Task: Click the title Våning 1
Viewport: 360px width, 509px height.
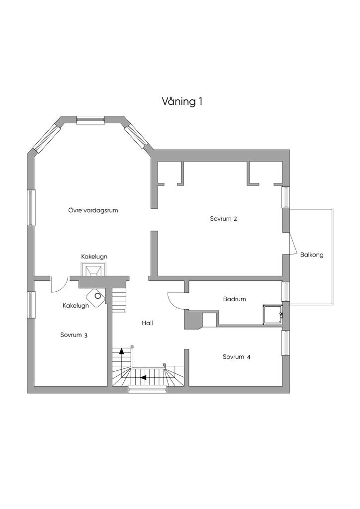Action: click(182, 101)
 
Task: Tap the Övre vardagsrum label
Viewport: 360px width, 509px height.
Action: click(93, 210)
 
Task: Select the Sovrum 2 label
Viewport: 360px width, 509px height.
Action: click(223, 219)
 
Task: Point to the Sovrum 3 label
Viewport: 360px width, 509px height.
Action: click(74, 335)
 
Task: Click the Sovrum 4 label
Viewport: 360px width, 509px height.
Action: click(236, 357)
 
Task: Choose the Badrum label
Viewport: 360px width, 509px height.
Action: click(234, 299)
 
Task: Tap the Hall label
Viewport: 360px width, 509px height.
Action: click(147, 323)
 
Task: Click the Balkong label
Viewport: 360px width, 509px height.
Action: click(312, 255)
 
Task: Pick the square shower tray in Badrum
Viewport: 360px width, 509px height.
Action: click(273, 314)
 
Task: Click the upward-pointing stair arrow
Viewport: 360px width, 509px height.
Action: click(122, 350)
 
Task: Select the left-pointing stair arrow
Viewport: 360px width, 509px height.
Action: click(143, 378)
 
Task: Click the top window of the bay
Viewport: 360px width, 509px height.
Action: click(90, 120)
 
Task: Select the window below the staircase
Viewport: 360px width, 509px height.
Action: click(148, 389)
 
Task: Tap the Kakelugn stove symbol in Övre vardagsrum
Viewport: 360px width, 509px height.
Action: click(93, 269)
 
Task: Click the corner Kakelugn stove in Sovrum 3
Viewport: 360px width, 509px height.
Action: click(96, 297)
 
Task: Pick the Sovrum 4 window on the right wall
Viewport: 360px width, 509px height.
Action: click(285, 343)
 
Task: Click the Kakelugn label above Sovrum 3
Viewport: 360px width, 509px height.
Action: click(76, 306)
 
